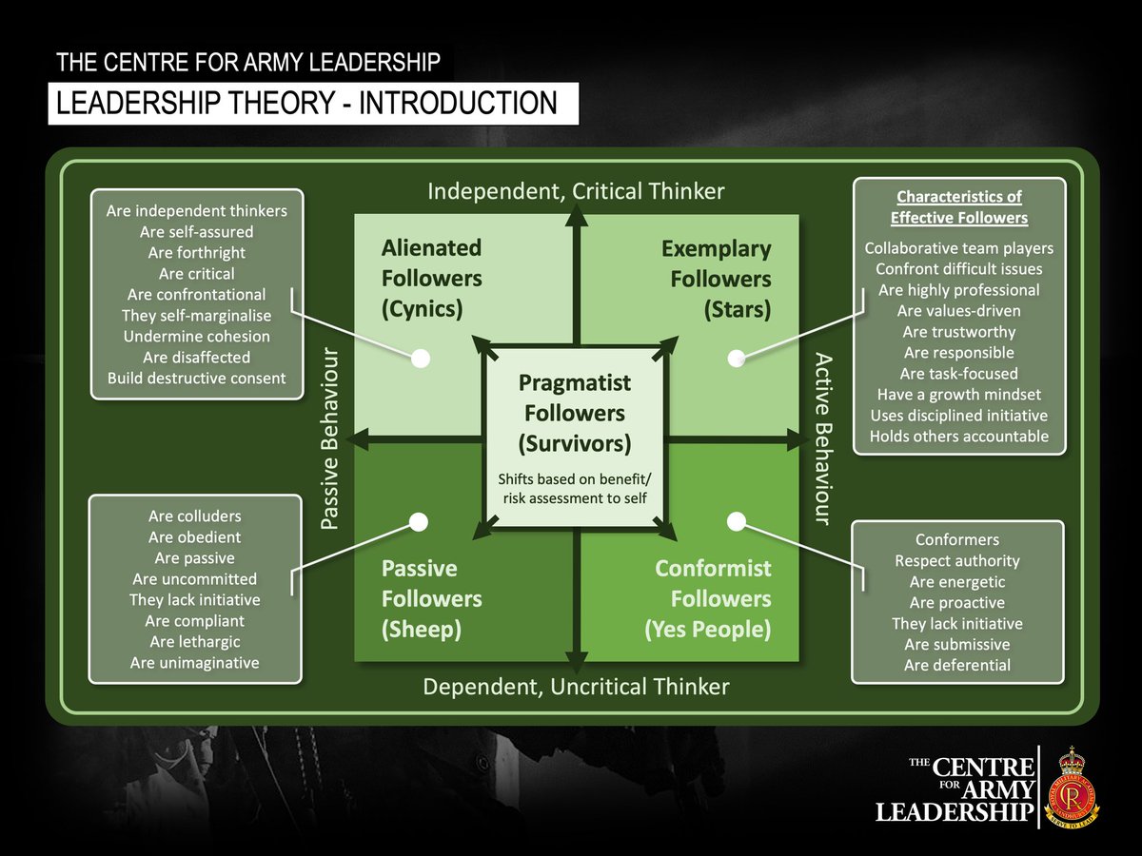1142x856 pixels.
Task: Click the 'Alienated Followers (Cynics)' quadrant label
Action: click(431, 279)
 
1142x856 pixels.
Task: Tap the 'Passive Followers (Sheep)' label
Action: click(431, 599)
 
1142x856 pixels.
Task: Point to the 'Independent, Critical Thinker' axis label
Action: click(576, 192)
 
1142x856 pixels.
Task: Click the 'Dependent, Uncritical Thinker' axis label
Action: click(576, 687)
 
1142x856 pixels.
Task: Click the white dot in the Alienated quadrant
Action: click(421, 359)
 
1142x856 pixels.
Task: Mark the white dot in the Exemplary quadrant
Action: click(736, 359)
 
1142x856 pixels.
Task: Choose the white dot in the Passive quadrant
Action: click(418, 522)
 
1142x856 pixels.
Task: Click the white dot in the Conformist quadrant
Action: click(736, 521)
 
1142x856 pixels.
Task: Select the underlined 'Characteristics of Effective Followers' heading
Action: click(958, 207)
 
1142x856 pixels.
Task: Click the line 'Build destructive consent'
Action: click(196, 378)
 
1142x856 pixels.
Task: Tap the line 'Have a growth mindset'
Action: click(958, 395)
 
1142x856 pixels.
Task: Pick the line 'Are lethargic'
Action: click(195, 642)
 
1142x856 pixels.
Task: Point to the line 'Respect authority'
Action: click(956, 561)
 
